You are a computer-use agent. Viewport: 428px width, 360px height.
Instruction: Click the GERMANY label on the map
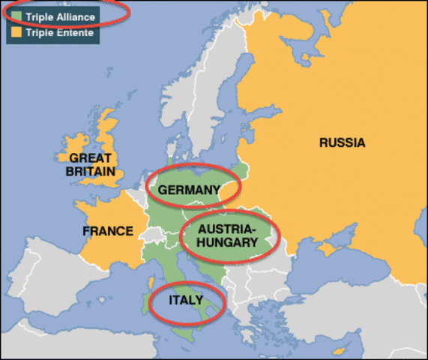187,190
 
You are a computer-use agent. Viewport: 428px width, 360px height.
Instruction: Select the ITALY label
185,300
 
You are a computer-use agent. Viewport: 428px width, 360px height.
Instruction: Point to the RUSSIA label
342,142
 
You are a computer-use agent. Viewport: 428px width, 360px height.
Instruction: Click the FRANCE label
108,231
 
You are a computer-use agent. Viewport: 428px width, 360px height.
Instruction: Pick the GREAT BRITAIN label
90,165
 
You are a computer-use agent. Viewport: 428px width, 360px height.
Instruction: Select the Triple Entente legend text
61,33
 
